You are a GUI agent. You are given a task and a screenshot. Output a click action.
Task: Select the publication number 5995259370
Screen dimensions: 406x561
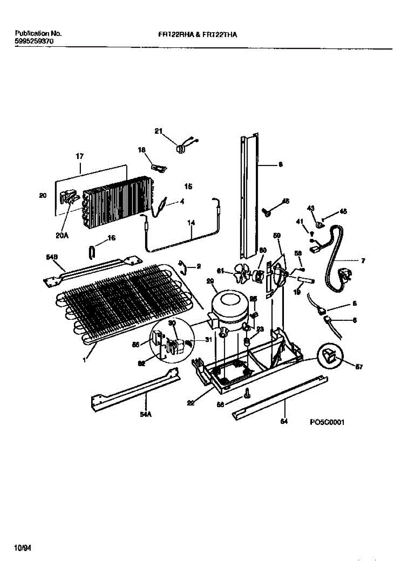pos(34,41)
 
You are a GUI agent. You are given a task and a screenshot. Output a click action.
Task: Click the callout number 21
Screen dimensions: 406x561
pos(158,130)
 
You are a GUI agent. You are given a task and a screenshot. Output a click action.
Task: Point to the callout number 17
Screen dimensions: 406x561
pos(80,157)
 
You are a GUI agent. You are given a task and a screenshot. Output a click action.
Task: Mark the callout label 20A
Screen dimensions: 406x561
pos(62,236)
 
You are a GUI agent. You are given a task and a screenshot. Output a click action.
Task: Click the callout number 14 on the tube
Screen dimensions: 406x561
pos(191,223)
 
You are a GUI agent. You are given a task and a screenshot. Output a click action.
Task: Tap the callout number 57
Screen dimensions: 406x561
pos(359,367)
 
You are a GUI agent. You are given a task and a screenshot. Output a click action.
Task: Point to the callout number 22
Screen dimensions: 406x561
pos(191,403)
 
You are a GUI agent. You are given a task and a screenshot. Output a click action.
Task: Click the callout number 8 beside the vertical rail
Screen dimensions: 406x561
pos(280,164)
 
